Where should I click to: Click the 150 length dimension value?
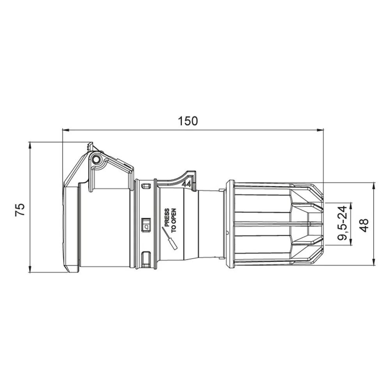(188, 121)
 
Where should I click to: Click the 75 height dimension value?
(20, 210)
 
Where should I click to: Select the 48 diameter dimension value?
(364, 225)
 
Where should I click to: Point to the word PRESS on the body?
(167, 218)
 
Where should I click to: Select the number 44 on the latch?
(186, 184)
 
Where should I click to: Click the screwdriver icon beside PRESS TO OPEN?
(169, 239)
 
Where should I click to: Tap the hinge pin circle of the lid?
(96, 159)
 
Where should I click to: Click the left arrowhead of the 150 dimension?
(65, 130)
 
